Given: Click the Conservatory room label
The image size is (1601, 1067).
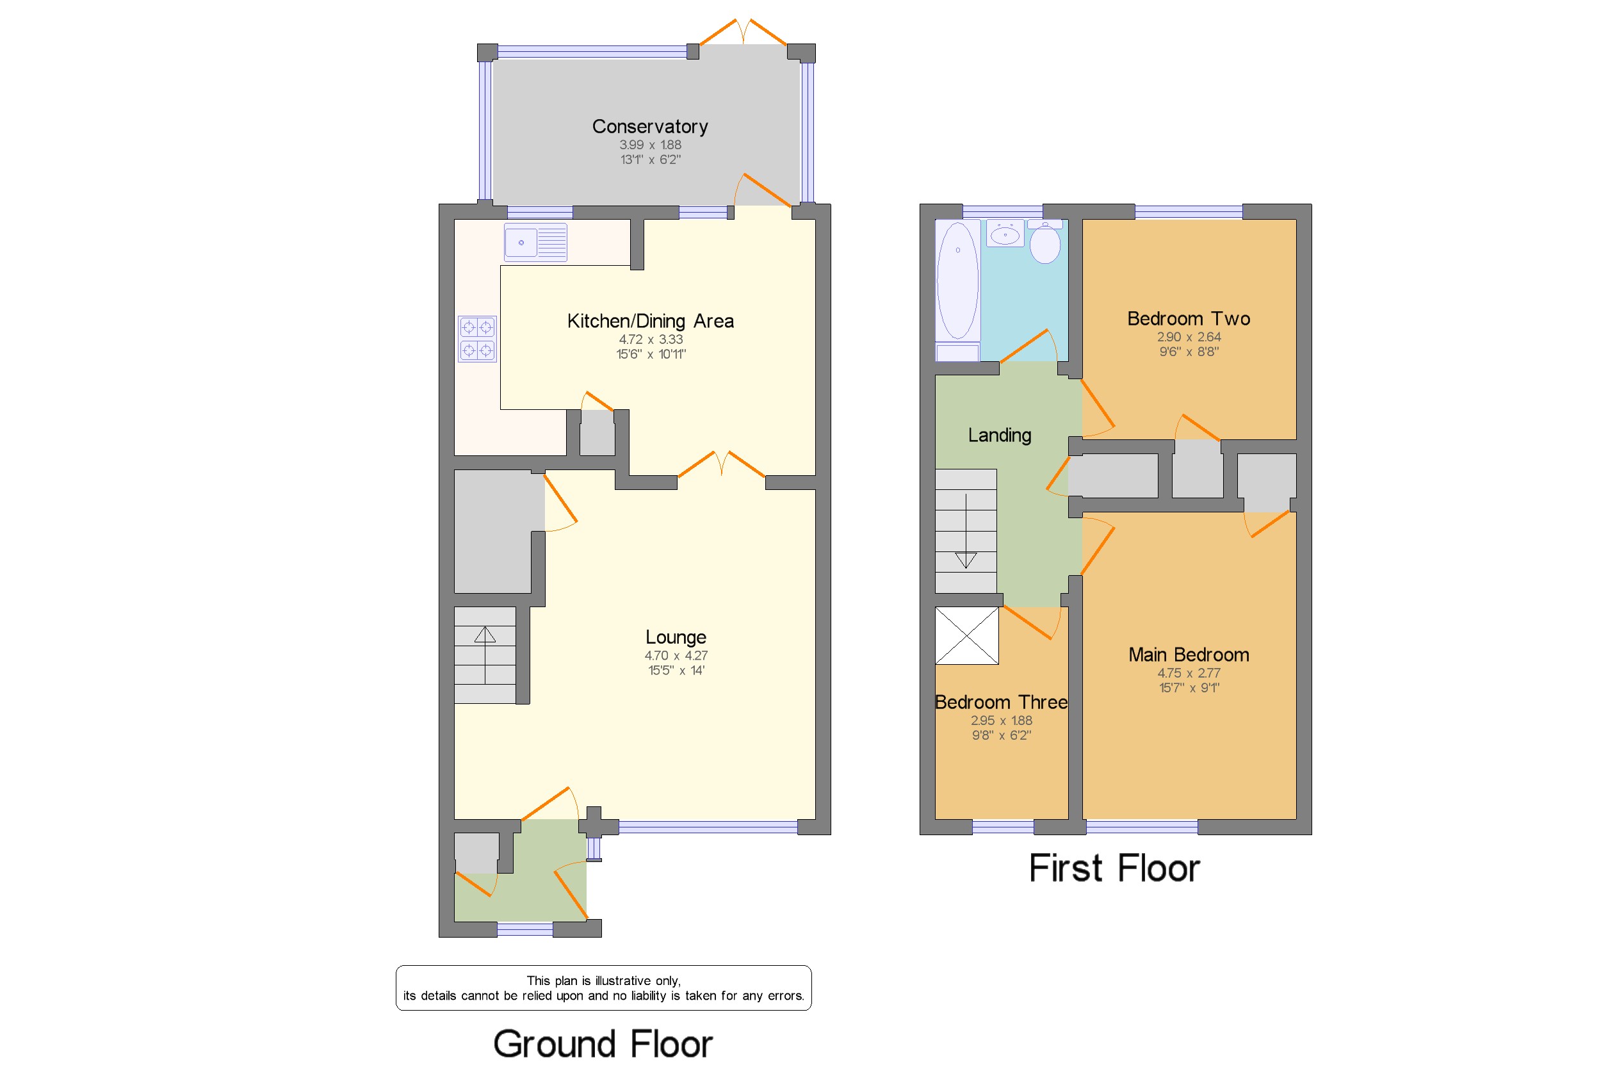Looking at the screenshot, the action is [x=650, y=127].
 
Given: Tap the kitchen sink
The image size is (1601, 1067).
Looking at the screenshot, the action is [x=535, y=242].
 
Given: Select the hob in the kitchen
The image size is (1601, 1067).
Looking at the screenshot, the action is [x=477, y=339].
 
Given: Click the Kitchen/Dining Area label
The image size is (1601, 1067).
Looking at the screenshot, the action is [x=651, y=322].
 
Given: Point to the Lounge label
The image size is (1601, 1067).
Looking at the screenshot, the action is [x=676, y=637].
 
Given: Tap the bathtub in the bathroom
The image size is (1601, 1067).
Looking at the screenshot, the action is [x=957, y=281].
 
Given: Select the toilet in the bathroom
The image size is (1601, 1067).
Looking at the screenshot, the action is [x=1045, y=241].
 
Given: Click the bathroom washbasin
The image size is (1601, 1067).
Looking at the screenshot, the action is [x=1005, y=233].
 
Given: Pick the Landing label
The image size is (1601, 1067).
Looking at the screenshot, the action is [x=1000, y=436].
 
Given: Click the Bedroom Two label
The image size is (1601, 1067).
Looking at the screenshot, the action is [x=1189, y=318].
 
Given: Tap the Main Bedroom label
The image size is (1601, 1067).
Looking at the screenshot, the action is [x=1189, y=655].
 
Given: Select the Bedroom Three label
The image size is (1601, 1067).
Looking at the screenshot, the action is [x=1001, y=702].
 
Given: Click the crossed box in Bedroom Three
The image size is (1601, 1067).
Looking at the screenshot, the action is [x=967, y=635].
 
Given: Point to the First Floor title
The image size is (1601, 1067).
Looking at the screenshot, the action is [x=1114, y=869].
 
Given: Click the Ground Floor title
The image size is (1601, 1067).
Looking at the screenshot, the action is [x=603, y=1044].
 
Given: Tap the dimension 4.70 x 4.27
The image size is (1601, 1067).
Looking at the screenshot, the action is [x=676, y=656].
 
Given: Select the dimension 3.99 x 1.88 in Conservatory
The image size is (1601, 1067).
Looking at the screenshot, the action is [x=650, y=145].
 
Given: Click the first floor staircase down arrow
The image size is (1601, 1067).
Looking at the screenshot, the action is [x=966, y=531].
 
